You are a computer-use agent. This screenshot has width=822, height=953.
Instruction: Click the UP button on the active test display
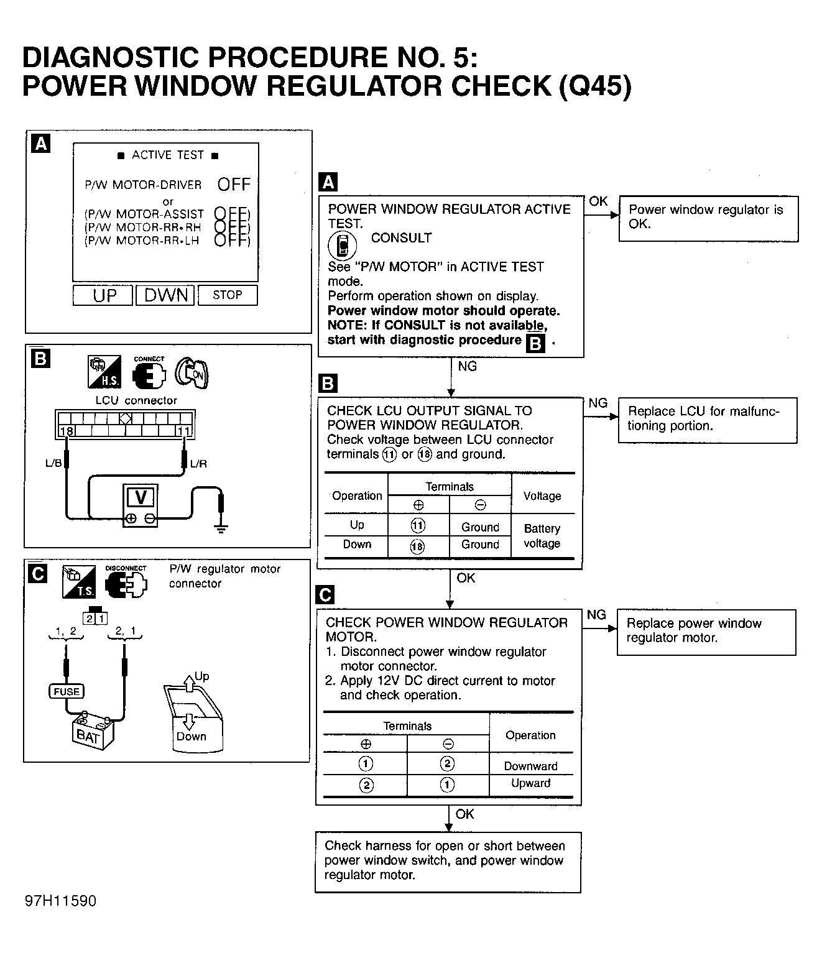pos(103,295)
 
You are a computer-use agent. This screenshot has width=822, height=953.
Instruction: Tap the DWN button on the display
pos(165,295)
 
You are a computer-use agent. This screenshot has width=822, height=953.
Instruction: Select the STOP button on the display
pos(228,295)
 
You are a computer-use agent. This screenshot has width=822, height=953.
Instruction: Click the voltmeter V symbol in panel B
pos(141,498)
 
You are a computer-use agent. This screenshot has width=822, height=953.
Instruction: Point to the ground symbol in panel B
pos(220,528)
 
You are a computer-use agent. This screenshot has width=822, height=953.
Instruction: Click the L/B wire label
pos(53,463)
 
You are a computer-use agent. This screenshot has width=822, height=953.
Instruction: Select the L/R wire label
pos(198,463)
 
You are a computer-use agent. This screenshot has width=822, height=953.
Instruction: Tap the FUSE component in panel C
pos(66,691)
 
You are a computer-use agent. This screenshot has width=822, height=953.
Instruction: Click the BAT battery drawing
pos(93,734)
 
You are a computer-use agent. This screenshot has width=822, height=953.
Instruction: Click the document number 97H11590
pos(61,901)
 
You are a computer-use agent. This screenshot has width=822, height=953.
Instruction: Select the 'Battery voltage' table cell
pos(542,536)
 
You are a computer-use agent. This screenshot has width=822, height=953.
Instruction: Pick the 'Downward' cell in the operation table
pos(530,767)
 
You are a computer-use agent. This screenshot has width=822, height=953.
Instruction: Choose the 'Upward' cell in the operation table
pos(530,783)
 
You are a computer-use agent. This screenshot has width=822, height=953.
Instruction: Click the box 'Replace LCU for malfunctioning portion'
pos(708,420)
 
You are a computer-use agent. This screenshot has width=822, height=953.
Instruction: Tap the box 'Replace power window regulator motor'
pos(706,632)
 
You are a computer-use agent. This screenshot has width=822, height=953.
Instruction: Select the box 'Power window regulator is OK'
pos(709,218)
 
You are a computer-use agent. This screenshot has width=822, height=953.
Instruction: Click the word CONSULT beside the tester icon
pos(401,238)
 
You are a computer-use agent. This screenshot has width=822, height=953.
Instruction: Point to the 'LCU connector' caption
pos(136,400)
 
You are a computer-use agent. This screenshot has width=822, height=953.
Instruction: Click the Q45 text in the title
pos(596,85)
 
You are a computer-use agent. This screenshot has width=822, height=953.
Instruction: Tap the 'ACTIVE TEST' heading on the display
pos(168,155)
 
